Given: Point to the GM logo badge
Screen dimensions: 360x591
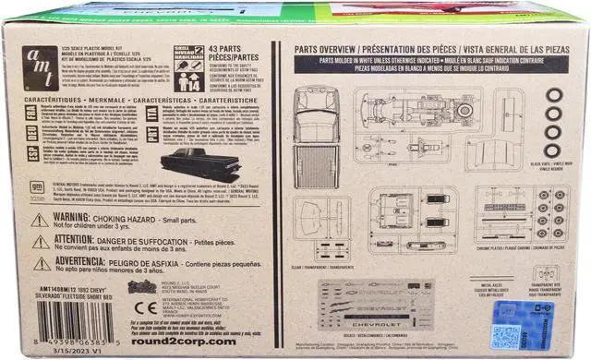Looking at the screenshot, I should pyautogui.click(x=37, y=187).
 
